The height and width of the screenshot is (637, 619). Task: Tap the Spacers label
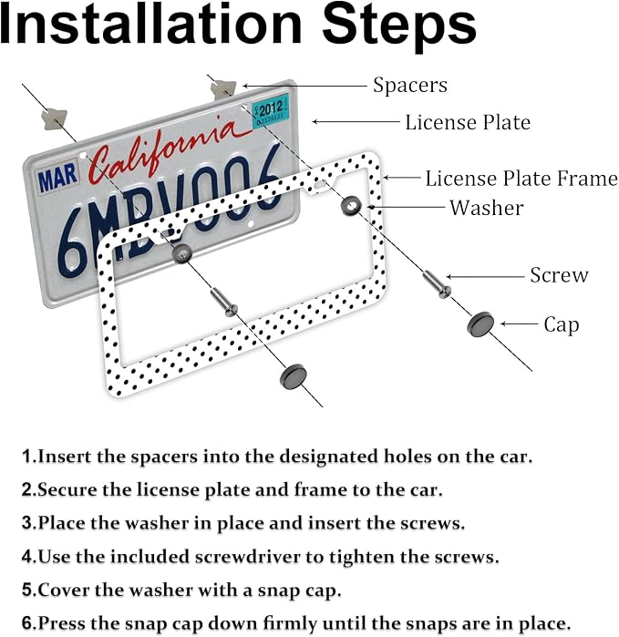pos(410,86)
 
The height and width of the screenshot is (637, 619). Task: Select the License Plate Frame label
pos(521,179)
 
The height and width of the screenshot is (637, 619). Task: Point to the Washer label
pos(486,208)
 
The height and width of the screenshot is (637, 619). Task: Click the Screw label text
pos(559,275)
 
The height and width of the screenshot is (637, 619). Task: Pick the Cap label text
pos(562,325)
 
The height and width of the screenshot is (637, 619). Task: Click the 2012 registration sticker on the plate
pos(270,111)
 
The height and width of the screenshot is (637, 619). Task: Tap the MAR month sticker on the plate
pos(57,177)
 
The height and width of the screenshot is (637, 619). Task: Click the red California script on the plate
pos(162,149)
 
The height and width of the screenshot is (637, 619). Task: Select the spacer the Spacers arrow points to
pos(222,89)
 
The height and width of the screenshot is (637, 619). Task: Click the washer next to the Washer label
pos(351,205)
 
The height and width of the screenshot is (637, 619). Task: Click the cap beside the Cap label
pos(480,324)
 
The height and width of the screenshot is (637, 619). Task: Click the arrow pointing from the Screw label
pos(485,277)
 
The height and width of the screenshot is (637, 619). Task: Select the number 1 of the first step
pos(26,457)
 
